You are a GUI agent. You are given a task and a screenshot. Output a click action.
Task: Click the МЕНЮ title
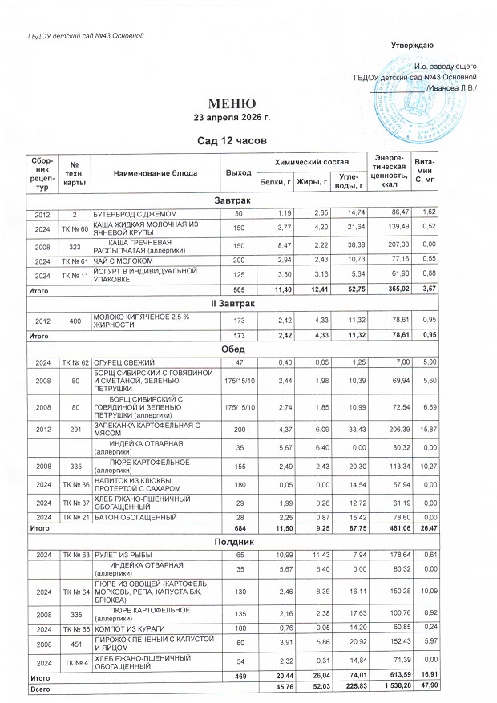tap(232, 103)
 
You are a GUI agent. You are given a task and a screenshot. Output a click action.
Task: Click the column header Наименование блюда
tap(155, 173)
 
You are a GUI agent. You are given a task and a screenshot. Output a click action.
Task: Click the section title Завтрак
tap(232, 199)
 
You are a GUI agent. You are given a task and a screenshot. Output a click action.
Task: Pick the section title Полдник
tap(232, 543)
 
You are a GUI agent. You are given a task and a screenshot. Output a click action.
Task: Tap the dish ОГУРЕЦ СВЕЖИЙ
tap(122, 363)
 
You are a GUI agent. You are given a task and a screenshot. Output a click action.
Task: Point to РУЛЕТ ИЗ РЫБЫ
tap(121, 555)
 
